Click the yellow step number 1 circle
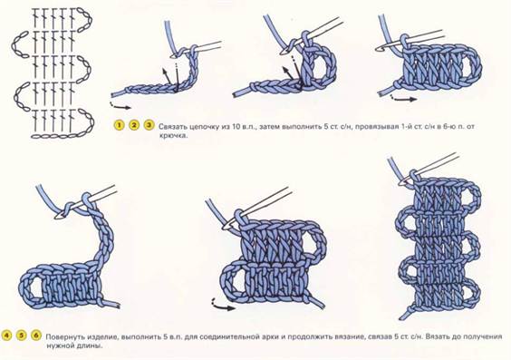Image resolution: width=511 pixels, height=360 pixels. (119, 125)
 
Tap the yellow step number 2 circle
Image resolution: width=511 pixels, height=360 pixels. (133, 125)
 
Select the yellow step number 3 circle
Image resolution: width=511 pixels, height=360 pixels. (149, 125)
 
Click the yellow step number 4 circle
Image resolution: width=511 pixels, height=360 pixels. (6, 336)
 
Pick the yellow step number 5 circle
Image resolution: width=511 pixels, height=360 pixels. (22, 336)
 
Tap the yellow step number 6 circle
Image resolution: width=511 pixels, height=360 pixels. (36, 336)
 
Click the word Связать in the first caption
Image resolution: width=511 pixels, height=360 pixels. (173, 127)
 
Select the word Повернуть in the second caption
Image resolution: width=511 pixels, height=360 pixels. (63, 336)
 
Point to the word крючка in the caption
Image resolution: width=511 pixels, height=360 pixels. (173, 136)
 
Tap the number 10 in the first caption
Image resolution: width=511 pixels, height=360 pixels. (236, 127)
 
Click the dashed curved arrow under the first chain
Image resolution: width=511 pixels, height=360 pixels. (121, 105)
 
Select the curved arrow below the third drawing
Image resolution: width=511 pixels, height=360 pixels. (403, 98)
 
